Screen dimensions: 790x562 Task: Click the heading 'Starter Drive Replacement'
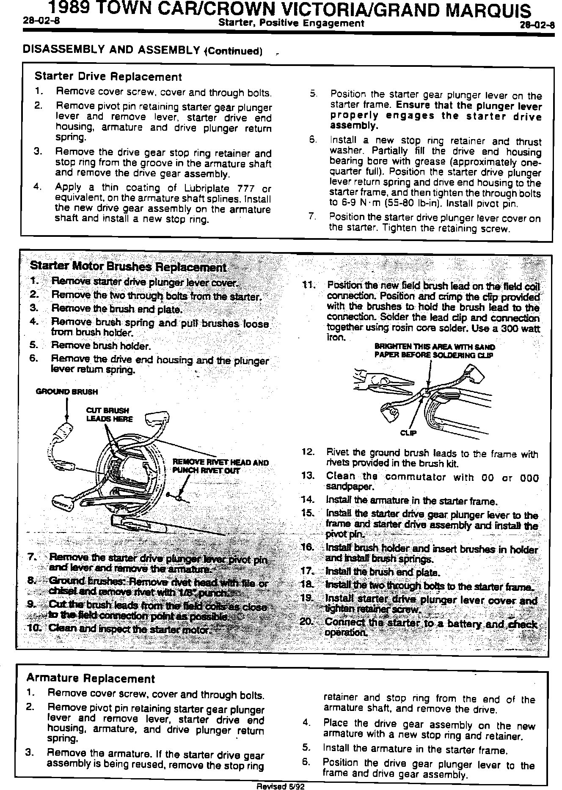click(108, 77)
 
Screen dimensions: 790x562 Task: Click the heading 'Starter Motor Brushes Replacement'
click(128, 267)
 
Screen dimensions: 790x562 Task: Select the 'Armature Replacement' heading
click(91, 678)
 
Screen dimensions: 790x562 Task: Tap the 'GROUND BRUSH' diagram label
click(67, 392)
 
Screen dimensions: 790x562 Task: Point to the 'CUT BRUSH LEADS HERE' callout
click(109, 414)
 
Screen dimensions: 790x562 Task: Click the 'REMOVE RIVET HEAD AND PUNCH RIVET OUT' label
click(220, 466)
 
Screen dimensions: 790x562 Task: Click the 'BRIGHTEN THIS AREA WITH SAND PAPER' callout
click(434, 351)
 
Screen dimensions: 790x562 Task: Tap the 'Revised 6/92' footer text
click(281, 786)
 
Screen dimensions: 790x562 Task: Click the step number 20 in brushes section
click(306, 622)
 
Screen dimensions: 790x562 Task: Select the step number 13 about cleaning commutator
click(307, 475)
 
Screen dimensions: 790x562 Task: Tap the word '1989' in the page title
click(69, 8)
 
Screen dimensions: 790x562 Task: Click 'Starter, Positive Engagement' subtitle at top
click(291, 23)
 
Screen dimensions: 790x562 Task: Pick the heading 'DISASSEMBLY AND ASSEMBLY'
click(111, 50)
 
